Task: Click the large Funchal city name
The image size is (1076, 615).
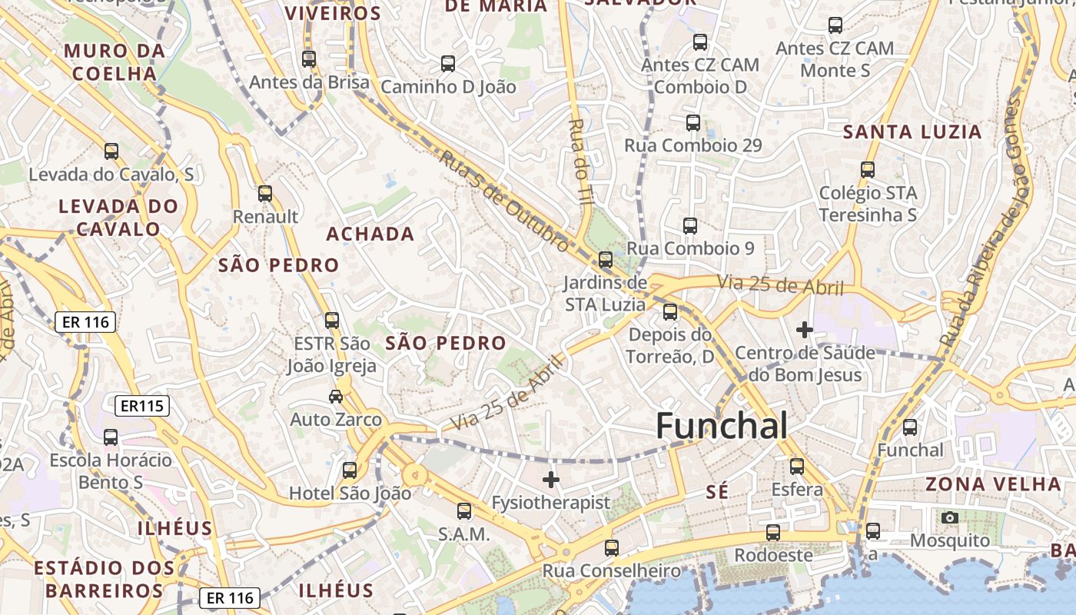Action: pos(722,426)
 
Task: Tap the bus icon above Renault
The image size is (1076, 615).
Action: pos(265,193)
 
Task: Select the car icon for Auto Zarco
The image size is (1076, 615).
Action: pos(336,397)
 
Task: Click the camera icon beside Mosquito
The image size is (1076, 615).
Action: pos(950,517)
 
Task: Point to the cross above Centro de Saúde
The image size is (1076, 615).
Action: pos(805,330)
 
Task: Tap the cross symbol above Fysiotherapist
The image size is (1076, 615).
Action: pos(551,480)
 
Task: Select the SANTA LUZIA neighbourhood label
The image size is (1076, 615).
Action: pos(912,131)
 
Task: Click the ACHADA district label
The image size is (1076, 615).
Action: pos(370,234)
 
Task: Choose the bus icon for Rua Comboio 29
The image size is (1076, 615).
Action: pos(693,122)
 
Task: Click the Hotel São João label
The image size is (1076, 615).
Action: pos(350,494)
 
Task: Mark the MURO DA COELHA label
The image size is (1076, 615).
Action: pos(115,62)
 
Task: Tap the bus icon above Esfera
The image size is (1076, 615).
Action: pos(797,466)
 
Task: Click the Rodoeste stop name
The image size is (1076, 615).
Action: pos(773,554)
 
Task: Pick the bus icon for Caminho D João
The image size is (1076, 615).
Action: pos(448,64)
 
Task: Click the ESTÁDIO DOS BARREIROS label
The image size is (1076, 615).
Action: pos(104,579)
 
